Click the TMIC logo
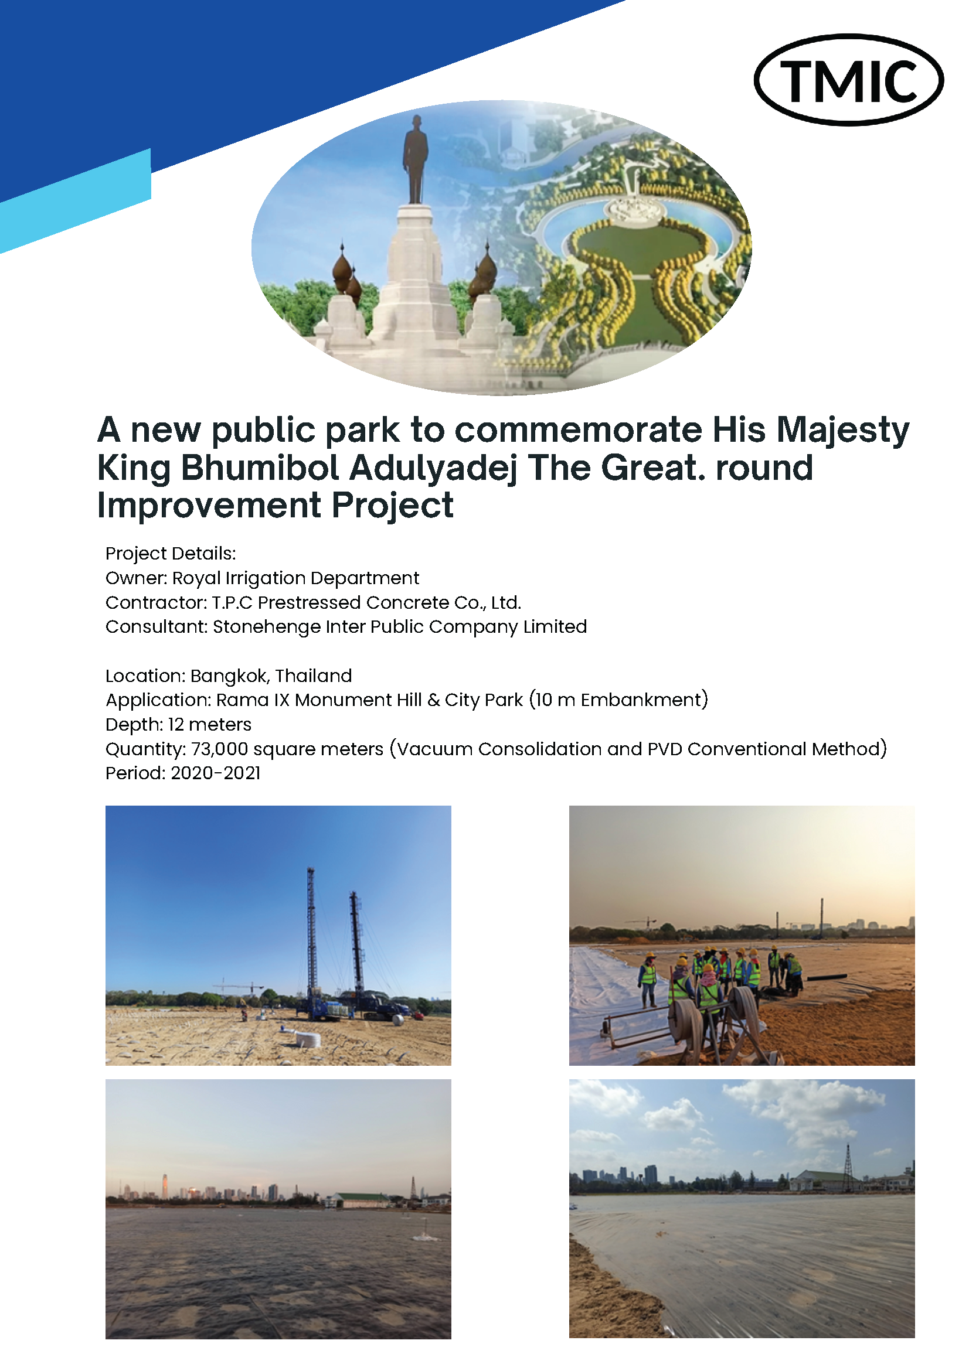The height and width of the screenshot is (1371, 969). (848, 80)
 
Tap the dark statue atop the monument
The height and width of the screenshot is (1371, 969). (414, 159)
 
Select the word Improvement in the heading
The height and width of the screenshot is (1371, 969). (209, 506)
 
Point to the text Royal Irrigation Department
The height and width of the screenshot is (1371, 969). (295, 578)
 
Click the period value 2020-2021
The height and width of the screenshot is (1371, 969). (216, 773)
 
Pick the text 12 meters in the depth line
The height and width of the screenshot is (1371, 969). (210, 724)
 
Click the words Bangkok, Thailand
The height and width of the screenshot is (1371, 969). (271, 676)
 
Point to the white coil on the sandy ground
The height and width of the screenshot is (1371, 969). (308, 1039)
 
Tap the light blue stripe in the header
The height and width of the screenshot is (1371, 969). (75, 201)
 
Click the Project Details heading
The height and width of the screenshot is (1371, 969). (170, 554)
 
